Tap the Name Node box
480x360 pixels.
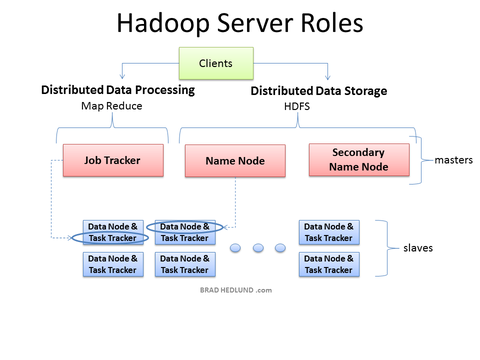tap(233, 159)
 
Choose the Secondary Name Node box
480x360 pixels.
tap(358, 159)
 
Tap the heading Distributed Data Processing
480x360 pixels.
tap(118, 90)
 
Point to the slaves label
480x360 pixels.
tap(416, 247)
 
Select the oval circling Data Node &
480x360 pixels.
tap(185, 227)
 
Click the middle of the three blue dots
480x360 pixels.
tap(258, 248)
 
